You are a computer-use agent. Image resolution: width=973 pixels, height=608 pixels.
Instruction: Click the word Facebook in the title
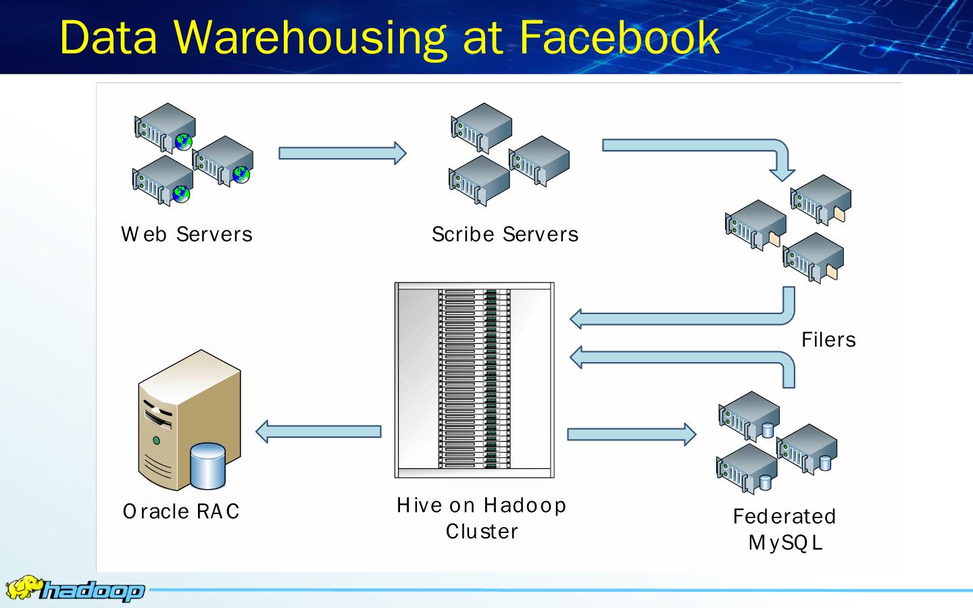[619, 37]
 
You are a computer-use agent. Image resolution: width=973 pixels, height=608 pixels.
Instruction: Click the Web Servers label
[186, 234]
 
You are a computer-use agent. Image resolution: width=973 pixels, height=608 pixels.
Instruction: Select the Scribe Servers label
[505, 234]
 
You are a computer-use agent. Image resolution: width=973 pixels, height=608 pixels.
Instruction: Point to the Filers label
[828, 339]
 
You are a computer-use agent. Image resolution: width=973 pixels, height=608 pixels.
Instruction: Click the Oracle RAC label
[181, 511]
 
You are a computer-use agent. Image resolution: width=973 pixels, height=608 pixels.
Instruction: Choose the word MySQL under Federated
[785, 542]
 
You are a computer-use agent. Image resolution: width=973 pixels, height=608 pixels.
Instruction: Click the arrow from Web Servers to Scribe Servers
[342, 153]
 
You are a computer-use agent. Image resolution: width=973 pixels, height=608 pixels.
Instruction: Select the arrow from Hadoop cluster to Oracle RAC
[318, 432]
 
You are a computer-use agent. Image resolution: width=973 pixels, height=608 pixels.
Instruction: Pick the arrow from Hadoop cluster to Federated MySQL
[631, 434]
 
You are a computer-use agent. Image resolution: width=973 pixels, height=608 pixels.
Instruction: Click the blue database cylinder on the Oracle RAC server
[207, 465]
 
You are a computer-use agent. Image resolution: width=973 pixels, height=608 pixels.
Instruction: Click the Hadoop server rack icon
[474, 380]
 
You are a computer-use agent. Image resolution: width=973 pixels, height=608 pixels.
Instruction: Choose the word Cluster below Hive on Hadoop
[482, 532]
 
